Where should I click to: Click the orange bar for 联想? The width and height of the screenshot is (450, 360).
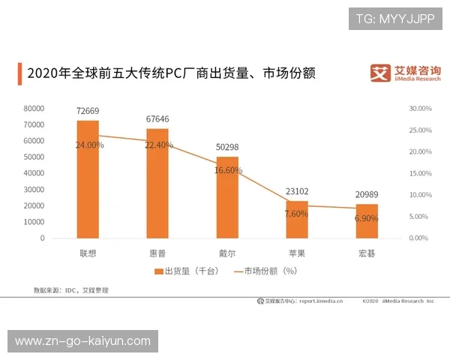coord(88,179)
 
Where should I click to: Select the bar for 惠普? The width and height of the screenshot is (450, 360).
coord(157,183)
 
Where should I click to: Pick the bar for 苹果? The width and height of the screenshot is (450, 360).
coord(297,219)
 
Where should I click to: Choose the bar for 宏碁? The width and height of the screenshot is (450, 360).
coord(367,220)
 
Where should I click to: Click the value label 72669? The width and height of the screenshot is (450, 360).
coord(88,111)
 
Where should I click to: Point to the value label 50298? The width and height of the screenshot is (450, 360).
coord(227,148)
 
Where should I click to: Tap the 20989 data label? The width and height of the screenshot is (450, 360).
coord(367,195)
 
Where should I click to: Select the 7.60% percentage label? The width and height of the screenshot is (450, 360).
coord(297,214)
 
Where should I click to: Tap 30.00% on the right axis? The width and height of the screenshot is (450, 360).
coord(420,109)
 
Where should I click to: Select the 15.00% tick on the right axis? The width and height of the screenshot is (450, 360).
coord(420,173)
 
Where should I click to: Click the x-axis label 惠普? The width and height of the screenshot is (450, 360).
coord(157,253)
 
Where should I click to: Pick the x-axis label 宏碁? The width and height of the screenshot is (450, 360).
coord(367,253)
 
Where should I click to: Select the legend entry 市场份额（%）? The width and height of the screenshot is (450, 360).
coord(266,271)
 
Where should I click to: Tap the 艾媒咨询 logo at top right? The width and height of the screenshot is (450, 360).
coord(404,73)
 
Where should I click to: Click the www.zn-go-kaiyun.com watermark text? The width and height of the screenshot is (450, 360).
coord(82,341)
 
